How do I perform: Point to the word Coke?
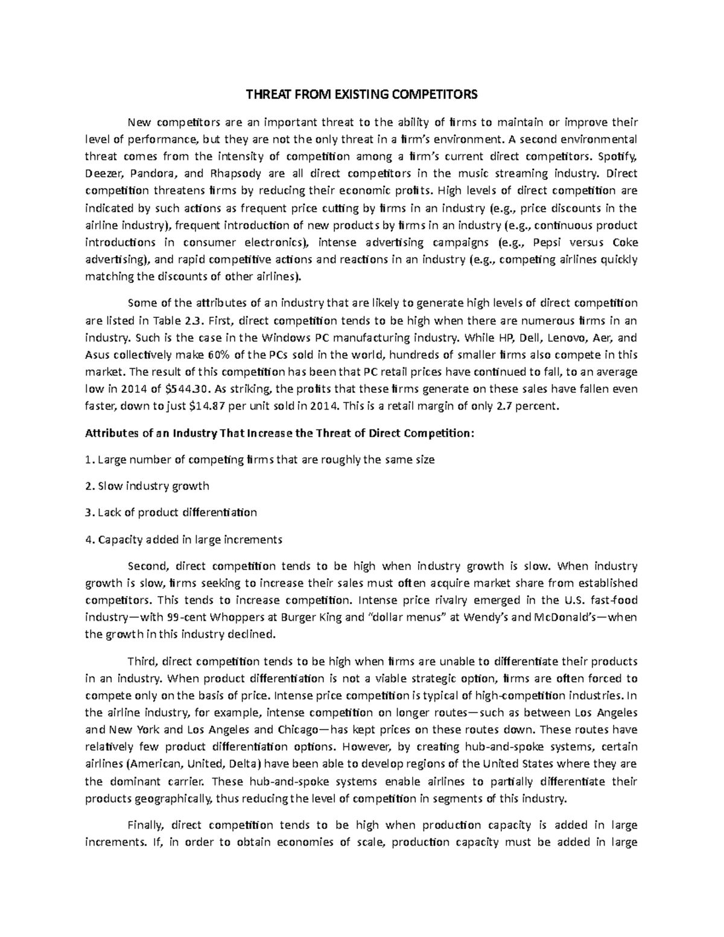(624, 243)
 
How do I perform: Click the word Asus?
(97, 355)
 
